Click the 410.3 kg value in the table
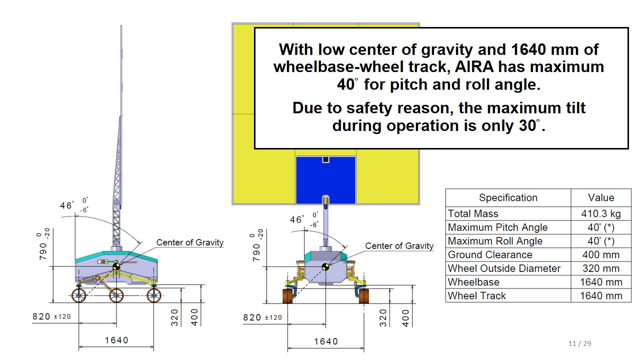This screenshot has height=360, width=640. tap(601, 213)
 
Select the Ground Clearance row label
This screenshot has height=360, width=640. tap(490, 254)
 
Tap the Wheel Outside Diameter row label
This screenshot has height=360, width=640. tap(504, 268)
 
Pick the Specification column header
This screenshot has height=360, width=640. tap(508, 197)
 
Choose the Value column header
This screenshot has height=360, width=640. tap(601, 197)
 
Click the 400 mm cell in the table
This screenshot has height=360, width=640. tap(601, 254)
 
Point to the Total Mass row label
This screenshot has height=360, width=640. tap(473, 213)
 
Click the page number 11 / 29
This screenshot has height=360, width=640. tap(579, 343)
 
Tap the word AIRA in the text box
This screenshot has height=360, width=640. tap(474, 67)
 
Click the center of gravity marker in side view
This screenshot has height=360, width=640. tap(116, 266)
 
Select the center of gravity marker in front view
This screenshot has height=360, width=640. tap(325, 267)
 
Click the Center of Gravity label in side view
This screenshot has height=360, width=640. tap(189, 242)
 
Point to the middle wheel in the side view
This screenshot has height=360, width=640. tap(116, 295)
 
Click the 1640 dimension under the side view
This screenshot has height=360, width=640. tap(116, 340)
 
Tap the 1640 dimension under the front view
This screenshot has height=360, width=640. tap(326, 341)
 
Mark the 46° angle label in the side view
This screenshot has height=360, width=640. tap(67, 205)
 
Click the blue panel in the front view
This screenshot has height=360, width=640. tap(325, 180)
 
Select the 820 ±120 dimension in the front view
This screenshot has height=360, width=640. tap(262, 317)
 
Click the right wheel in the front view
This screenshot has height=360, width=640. tap(363, 296)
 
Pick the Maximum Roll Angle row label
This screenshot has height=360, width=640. tap(495, 241)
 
